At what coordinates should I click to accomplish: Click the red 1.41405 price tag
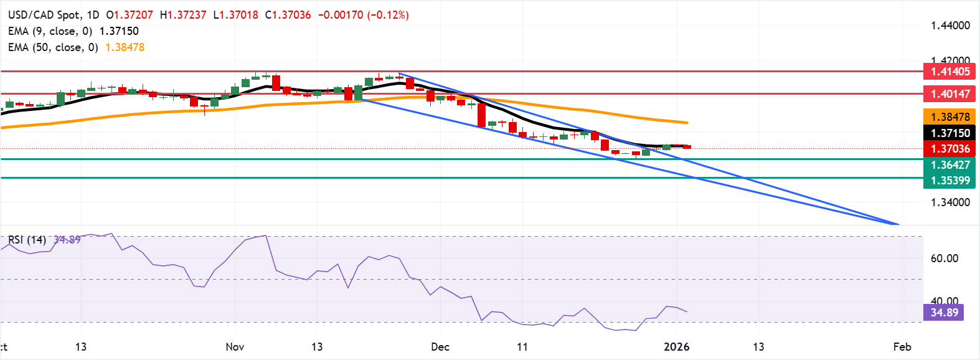[949, 72]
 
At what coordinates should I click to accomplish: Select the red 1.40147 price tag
[949, 94]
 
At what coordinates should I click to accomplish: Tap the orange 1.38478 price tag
[949, 117]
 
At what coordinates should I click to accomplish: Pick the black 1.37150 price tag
[949, 133]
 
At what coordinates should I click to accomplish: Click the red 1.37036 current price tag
[949, 149]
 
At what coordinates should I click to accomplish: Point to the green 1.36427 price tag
[949, 165]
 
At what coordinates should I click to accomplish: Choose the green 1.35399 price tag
[949, 181]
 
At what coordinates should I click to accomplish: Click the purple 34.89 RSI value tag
[944, 313]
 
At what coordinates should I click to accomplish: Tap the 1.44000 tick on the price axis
[950, 26]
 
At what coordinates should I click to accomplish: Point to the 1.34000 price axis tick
[950, 202]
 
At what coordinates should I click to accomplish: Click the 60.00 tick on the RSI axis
[944, 258]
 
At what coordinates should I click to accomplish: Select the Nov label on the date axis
[235, 347]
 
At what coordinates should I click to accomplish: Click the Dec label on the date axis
[440, 347]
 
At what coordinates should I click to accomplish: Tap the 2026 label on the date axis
[676, 347]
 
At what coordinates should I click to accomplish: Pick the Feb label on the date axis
[902, 347]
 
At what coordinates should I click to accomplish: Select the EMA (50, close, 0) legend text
[53, 47]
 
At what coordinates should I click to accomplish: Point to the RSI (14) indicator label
[27, 240]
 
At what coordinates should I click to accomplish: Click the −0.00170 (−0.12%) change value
[363, 15]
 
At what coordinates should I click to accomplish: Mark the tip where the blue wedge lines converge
[898, 224]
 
